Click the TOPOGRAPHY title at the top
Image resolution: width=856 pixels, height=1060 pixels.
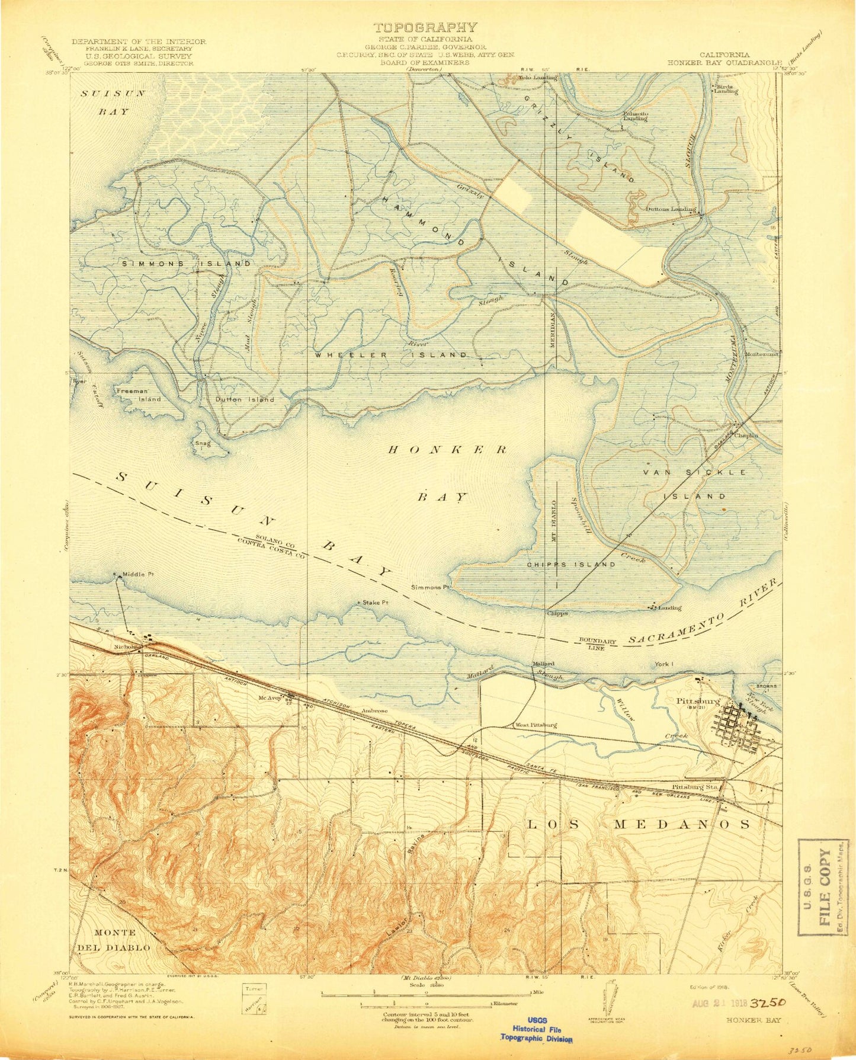(x=424, y=27)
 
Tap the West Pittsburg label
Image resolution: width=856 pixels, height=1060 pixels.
(x=536, y=725)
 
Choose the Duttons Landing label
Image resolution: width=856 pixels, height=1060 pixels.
(x=670, y=209)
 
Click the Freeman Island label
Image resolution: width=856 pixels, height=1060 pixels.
(x=139, y=395)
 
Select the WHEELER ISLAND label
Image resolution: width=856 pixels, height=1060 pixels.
(x=390, y=354)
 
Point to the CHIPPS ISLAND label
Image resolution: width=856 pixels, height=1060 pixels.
(x=571, y=565)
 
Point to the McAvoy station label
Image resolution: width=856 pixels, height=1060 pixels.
(x=268, y=697)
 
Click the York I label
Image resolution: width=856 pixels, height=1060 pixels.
(x=663, y=664)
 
